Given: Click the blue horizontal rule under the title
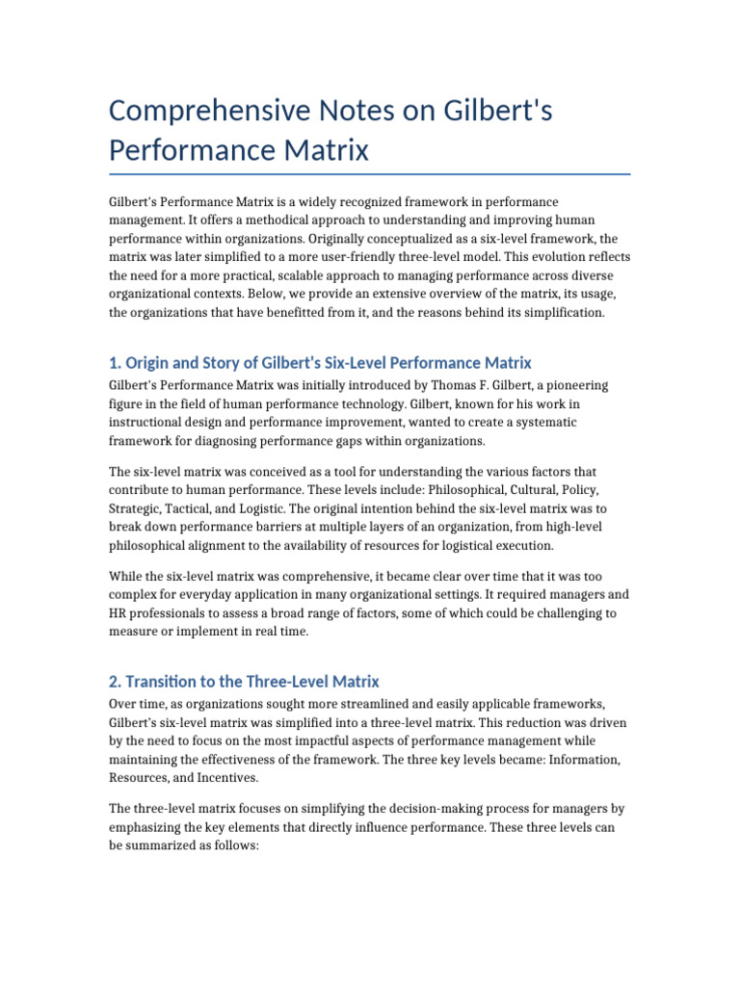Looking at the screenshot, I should pyautogui.click(x=370, y=174).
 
